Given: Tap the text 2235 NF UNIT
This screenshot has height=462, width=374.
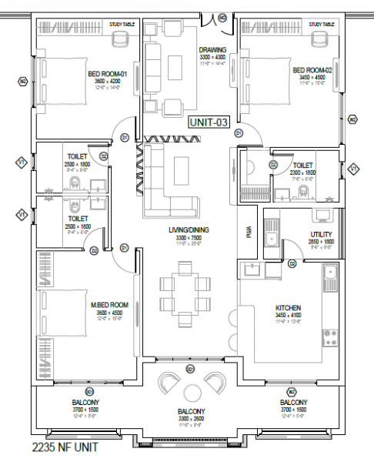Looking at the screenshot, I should pyautogui.click(x=65, y=447).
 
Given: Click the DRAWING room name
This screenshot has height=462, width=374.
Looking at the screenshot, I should pyautogui.click(x=212, y=50).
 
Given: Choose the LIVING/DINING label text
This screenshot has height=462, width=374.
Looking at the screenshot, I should pyautogui.click(x=189, y=229).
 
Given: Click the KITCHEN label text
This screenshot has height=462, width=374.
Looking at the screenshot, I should pyautogui.click(x=288, y=308).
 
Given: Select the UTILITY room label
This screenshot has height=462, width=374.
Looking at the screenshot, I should pyautogui.click(x=321, y=234).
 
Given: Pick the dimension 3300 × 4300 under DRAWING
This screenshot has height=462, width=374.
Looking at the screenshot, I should pyautogui.click(x=212, y=58).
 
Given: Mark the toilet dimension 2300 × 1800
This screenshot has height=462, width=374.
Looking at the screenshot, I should pyautogui.click(x=302, y=172).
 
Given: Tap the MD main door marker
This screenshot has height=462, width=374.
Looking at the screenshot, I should pyautogui.click(x=222, y=17).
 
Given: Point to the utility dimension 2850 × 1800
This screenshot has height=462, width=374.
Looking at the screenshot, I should pyautogui.click(x=321, y=242).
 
